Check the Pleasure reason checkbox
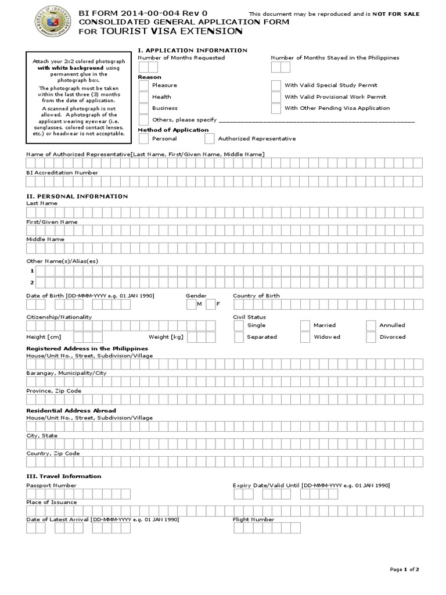point(143,85)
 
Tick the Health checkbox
point(143,97)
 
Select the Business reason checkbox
point(143,109)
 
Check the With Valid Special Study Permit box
point(276,85)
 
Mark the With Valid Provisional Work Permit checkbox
point(276,97)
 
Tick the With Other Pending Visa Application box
point(276,109)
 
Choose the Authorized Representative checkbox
point(209,139)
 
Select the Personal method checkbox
point(143,139)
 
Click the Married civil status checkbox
point(305,325)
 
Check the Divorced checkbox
point(371,337)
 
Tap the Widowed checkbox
point(305,337)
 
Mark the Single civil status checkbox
point(238,325)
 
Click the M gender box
point(191,304)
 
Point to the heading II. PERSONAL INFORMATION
point(77,196)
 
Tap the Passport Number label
point(51,485)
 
